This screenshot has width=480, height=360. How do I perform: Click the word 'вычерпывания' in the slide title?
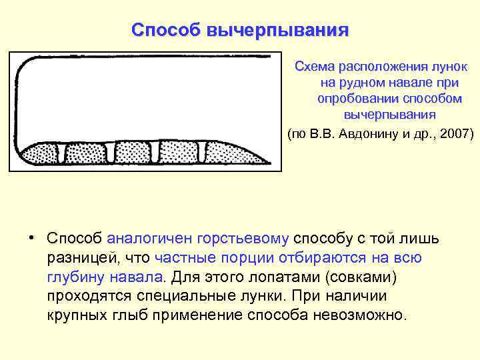[278, 31]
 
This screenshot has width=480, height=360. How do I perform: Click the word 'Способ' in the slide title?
[166, 31]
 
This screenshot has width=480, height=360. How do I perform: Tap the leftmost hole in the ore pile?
[63, 153]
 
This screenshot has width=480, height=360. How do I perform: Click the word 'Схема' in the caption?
[315, 67]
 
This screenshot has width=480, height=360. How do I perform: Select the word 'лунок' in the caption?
[451, 67]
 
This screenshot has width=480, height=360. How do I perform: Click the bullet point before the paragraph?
[31, 238]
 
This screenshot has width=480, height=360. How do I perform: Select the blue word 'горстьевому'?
[243, 239]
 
